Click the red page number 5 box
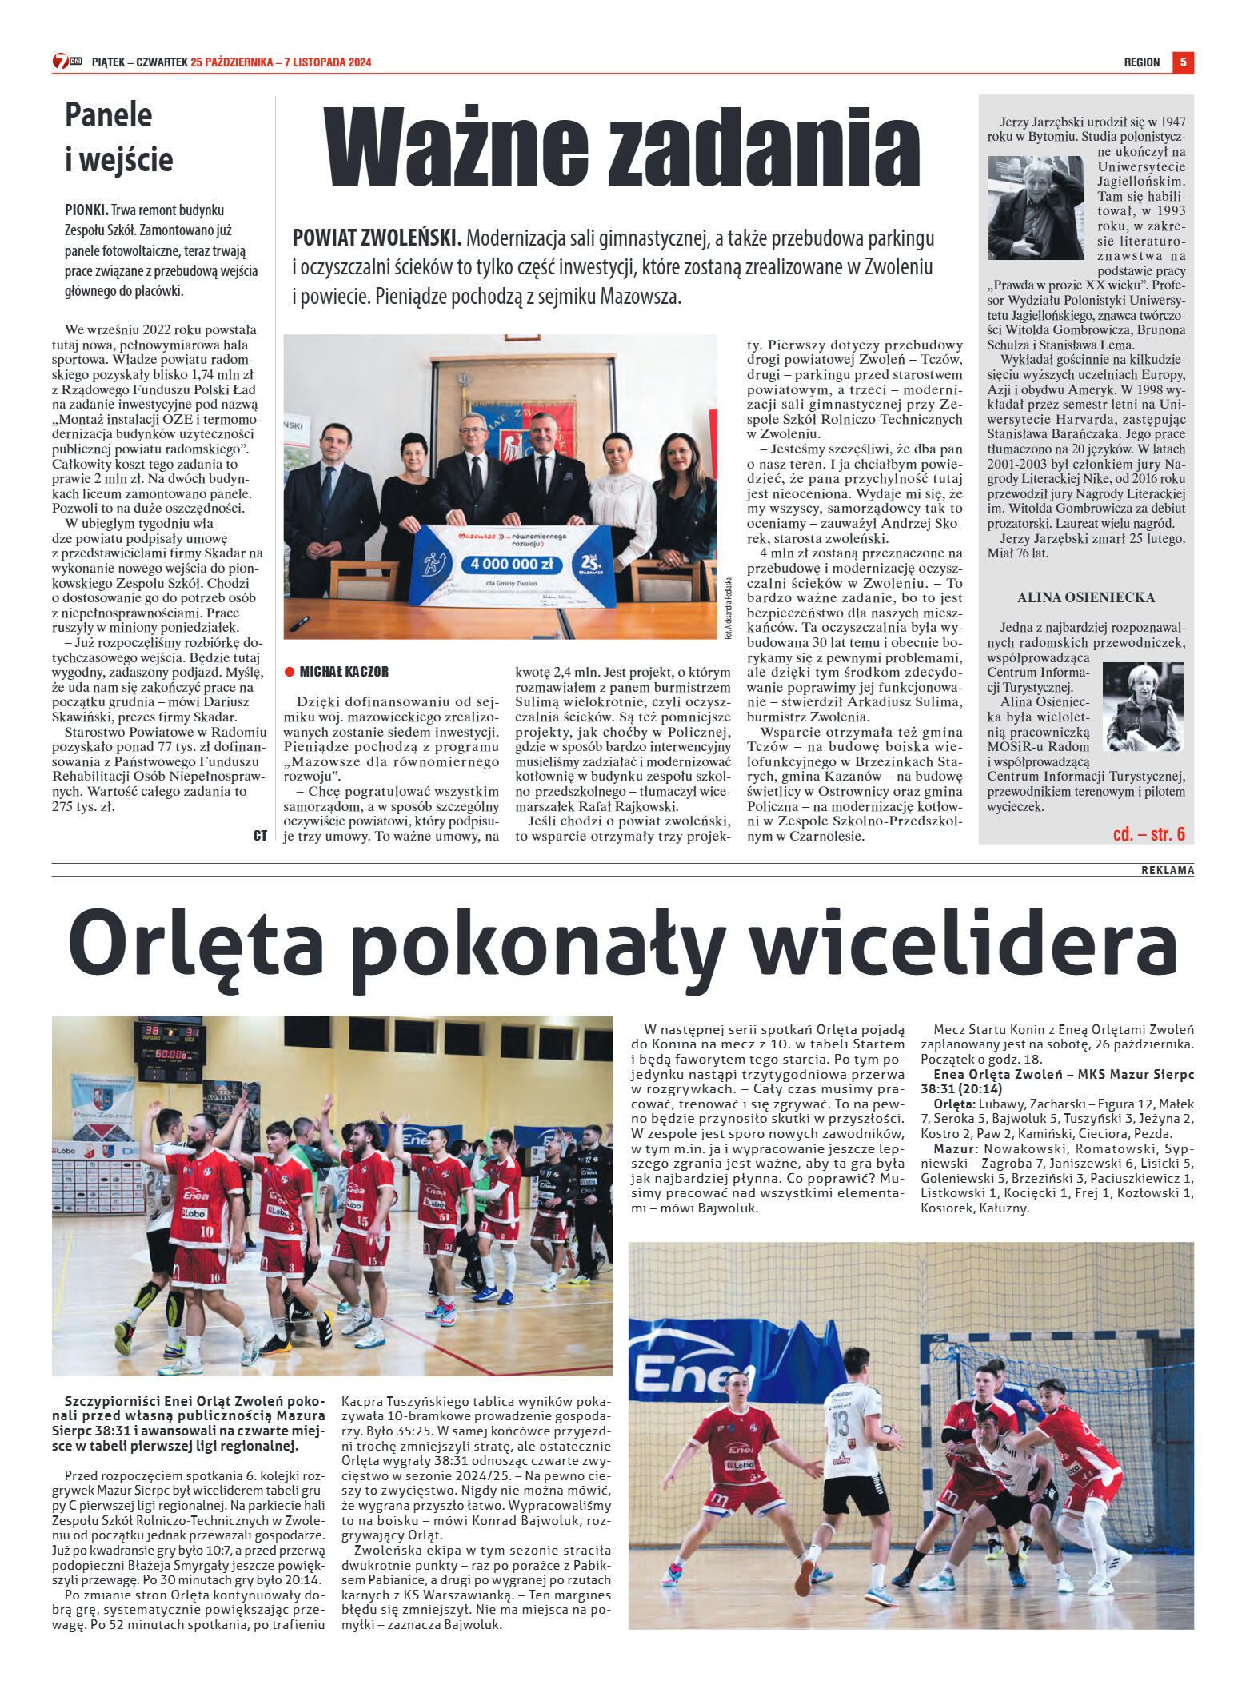(x=1183, y=62)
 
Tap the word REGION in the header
(x=1141, y=62)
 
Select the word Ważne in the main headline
(x=456, y=148)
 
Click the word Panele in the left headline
(x=108, y=115)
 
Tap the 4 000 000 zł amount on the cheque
(x=511, y=564)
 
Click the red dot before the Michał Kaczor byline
(x=290, y=672)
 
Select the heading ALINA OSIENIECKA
(x=1085, y=597)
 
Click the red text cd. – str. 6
(x=1148, y=834)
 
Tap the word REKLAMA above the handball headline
(x=1167, y=870)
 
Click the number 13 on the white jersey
(x=839, y=1423)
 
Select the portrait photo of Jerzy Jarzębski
(x=1036, y=208)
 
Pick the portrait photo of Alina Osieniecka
(x=1142, y=706)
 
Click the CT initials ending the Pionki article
(x=260, y=836)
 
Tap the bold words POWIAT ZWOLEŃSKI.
(x=377, y=238)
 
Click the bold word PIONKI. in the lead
(x=86, y=210)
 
